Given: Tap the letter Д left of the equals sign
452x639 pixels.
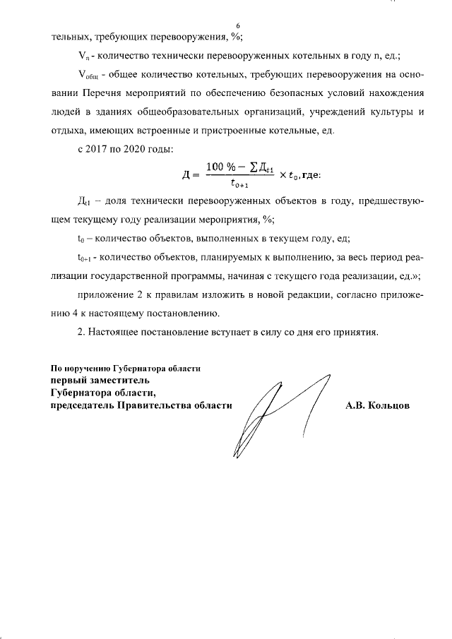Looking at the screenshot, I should click(x=185, y=175).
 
